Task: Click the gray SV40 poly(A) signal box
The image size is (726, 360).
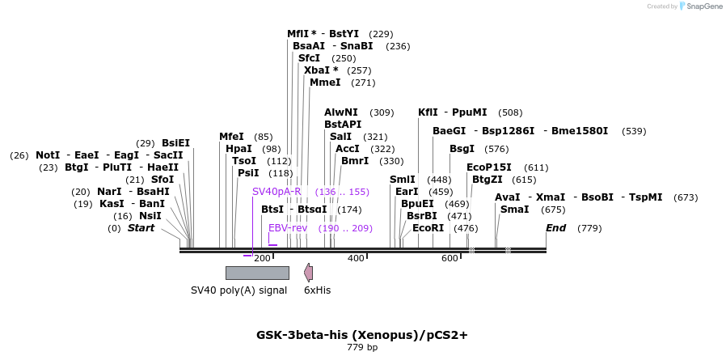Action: (256, 273)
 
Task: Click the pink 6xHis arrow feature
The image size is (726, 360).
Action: (308, 273)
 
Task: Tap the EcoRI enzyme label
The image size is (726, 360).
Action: (428, 228)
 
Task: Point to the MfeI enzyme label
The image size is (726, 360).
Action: (231, 137)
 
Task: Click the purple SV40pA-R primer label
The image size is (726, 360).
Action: (276, 192)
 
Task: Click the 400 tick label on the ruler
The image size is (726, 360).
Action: (356, 258)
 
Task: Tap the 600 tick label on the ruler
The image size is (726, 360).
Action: (450, 258)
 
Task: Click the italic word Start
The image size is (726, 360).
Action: (141, 228)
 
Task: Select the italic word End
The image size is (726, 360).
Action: (555, 228)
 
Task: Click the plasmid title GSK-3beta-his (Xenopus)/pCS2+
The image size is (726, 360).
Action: (362, 334)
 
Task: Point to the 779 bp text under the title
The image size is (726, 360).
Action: (362, 347)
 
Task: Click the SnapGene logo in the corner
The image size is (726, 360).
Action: (701, 6)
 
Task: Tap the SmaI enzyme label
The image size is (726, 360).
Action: (514, 210)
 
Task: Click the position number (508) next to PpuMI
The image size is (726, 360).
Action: (510, 112)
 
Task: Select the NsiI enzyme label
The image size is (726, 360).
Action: (150, 216)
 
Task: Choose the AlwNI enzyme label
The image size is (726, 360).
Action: (341, 112)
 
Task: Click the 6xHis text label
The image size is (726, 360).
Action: (317, 290)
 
